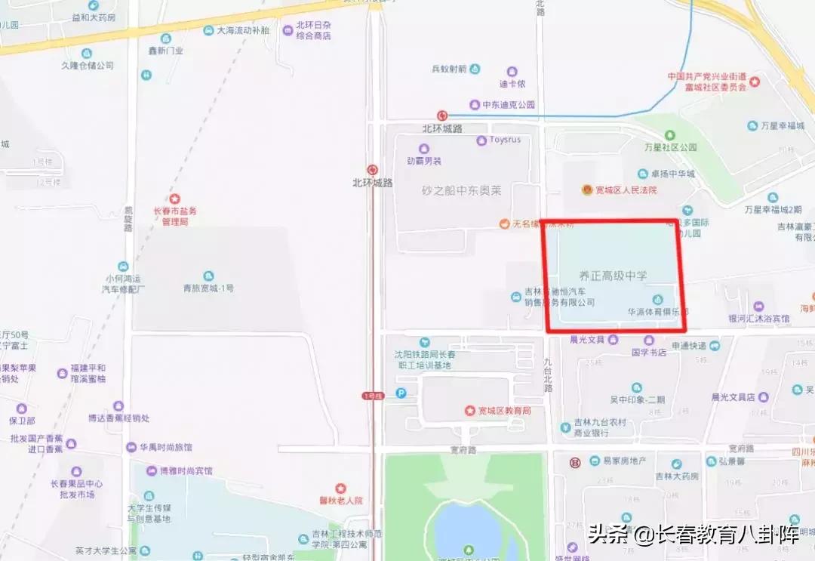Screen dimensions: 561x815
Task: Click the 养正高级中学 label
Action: [614, 276]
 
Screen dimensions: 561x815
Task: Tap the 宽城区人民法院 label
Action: [626, 190]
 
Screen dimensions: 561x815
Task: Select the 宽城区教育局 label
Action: [505, 411]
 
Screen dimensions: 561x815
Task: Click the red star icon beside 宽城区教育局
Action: [469, 411]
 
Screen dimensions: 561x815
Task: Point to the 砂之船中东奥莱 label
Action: [462, 191]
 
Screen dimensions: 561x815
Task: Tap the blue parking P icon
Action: [401, 393]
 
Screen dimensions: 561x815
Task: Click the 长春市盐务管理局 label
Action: [174, 216]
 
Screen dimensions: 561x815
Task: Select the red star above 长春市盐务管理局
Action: [174, 199]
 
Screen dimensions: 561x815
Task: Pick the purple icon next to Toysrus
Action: [481, 140]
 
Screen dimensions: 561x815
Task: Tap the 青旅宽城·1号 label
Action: [208, 288]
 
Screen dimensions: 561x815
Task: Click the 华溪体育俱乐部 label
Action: [657, 311]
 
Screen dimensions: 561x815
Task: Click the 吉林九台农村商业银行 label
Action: [600, 427]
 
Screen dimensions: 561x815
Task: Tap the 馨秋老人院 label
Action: [341, 500]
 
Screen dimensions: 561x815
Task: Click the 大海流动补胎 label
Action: [243, 31]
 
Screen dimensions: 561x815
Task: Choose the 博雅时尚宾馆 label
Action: [186, 470]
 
